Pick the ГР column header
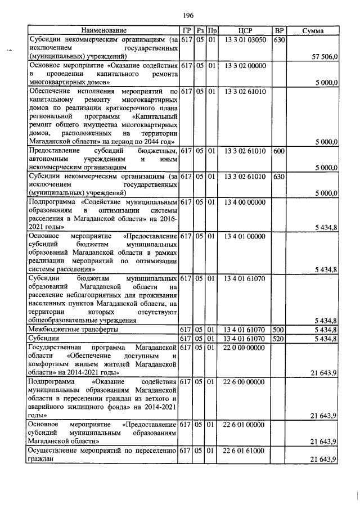[x=186, y=30]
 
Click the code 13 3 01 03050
[x=245, y=39]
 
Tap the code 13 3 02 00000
[x=245, y=66]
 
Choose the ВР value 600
[x=278, y=151]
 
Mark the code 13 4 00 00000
[x=245, y=201]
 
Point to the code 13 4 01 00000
[x=245, y=236]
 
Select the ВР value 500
[x=278, y=329]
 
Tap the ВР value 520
[x=278, y=339]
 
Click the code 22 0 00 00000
[x=245, y=348]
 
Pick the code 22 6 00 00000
[x=245, y=382]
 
